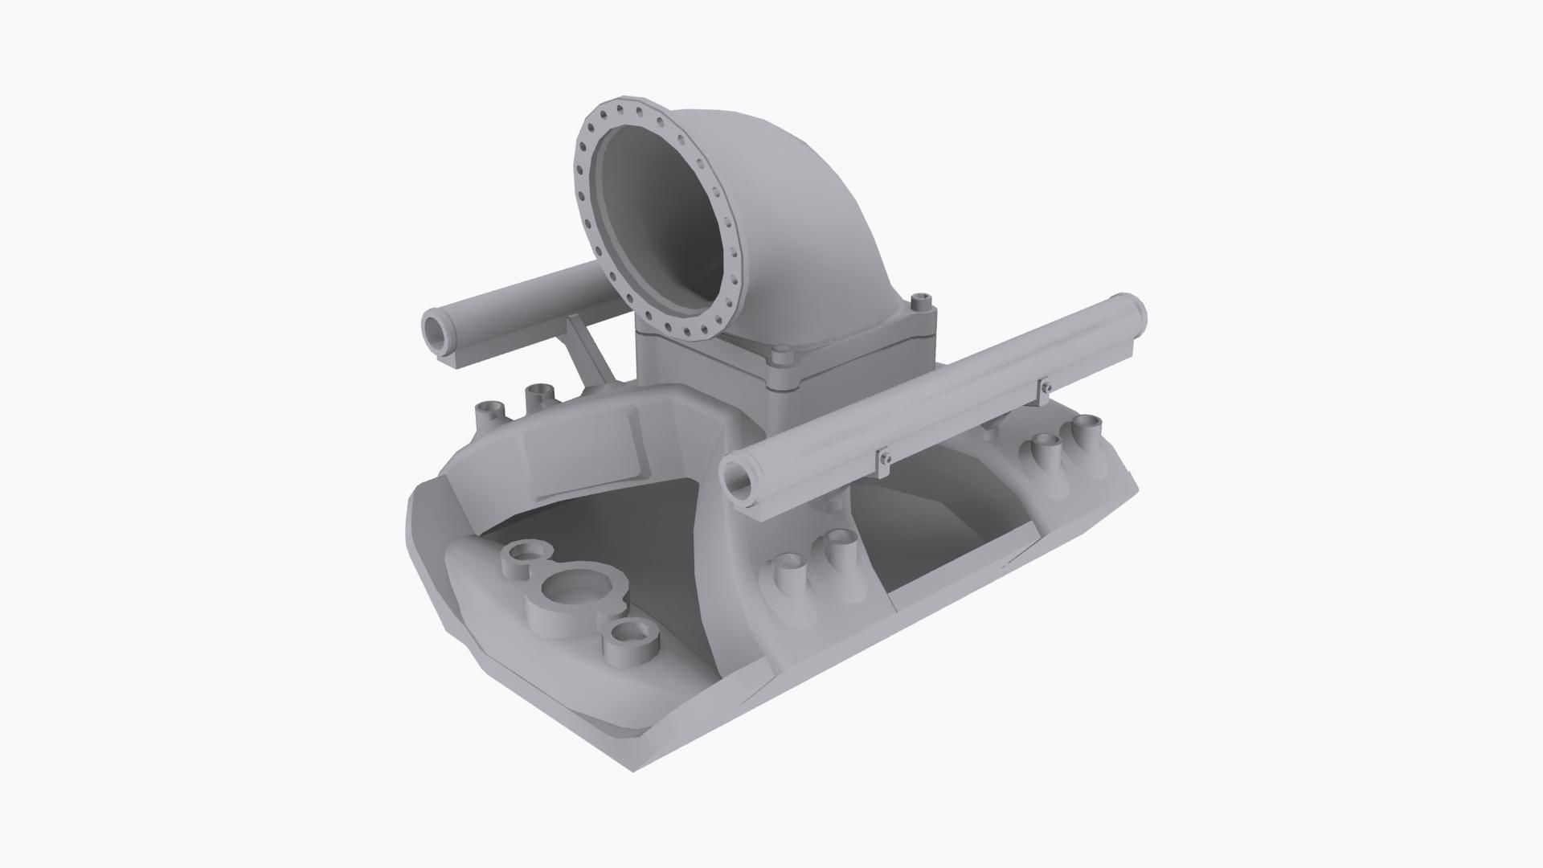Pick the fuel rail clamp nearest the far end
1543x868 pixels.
1045,388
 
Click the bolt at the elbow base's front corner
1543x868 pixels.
782,356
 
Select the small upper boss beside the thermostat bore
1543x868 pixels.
526,555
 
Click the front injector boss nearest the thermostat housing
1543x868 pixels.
790,567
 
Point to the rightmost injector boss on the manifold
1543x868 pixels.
1089,427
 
